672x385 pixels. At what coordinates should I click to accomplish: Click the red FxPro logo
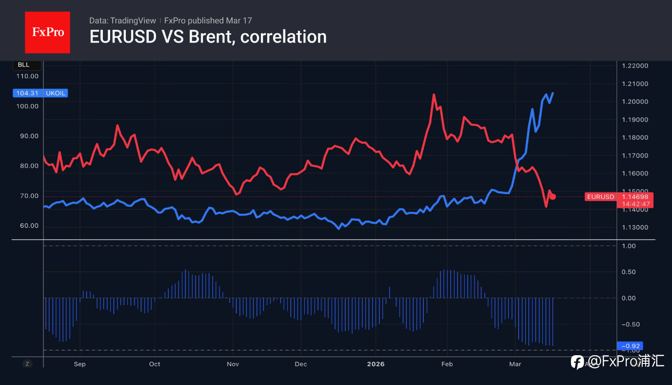click(47, 32)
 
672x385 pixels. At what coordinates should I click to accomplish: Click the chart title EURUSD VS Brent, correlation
click(208, 37)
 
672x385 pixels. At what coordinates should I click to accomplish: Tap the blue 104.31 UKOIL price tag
click(40, 93)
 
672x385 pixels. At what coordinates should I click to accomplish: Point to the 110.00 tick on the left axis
click(27, 76)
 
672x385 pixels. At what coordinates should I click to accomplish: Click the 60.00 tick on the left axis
click(27, 226)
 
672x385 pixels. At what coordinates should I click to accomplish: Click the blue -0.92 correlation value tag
click(630, 345)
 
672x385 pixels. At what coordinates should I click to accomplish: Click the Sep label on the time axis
click(79, 364)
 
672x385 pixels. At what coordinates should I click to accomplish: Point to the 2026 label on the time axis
click(376, 364)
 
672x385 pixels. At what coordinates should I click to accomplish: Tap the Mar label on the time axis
click(515, 364)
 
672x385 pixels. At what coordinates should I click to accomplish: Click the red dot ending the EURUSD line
click(553, 197)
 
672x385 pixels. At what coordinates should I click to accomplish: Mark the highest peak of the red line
click(434, 95)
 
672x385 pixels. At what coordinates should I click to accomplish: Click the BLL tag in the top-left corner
click(23, 65)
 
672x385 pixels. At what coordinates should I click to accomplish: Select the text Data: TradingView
click(122, 21)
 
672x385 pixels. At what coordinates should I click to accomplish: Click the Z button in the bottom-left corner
click(27, 364)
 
